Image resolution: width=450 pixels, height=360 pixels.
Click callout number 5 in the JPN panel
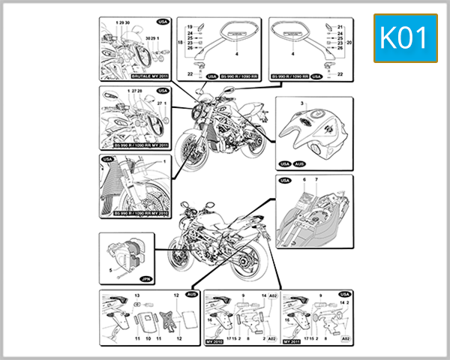tap(109, 268)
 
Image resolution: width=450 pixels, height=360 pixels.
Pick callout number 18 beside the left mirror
tap(180, 44)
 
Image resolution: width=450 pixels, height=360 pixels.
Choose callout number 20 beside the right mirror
tap(349, 43)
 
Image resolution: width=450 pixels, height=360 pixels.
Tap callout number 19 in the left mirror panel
tap(190, 26)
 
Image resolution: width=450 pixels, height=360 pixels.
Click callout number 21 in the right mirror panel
tap(340, 26)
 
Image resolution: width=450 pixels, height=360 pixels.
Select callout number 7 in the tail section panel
tap(315, 181)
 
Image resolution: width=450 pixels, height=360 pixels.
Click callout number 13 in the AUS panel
tap(137, 296)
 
